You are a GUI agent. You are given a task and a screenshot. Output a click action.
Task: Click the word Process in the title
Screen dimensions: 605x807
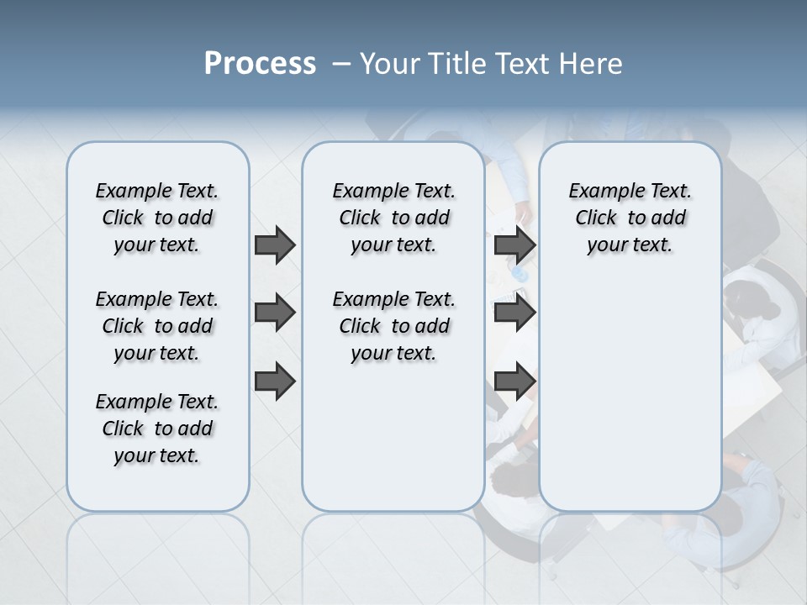[x=260, y=64]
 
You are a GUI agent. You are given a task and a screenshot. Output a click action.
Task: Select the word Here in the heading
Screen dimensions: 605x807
[x=592, y=64]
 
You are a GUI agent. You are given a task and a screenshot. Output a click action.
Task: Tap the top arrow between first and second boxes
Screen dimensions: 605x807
[x=275, y=245]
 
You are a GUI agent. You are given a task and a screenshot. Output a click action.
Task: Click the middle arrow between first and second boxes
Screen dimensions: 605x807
[x=275, y=313]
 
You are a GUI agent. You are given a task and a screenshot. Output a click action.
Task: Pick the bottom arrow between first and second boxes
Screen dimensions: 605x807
[x=275, y=381]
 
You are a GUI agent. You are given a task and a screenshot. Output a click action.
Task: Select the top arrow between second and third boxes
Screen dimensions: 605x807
[x=515, y=245]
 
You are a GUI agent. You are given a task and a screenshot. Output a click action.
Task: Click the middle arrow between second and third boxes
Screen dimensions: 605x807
[x=515, y=313]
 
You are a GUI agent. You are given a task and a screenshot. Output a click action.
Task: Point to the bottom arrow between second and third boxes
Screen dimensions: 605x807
[x=515, y=381]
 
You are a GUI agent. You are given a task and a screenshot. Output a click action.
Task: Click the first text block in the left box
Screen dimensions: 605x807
[x=157, y=218]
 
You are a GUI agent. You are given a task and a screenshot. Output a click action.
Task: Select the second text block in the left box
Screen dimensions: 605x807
[x=157, y=326]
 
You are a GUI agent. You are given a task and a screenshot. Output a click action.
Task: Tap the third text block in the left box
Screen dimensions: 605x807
[x=157, y=429]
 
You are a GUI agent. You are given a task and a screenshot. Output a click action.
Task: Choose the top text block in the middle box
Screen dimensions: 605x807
[x=393, y=218]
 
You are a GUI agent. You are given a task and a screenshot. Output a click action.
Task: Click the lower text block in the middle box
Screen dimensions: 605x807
[x=393, y=326]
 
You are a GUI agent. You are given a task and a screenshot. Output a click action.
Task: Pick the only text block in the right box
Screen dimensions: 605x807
[x=630, y=218]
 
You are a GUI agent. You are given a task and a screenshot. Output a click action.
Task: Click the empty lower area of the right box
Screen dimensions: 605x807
[x=630, y=395]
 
